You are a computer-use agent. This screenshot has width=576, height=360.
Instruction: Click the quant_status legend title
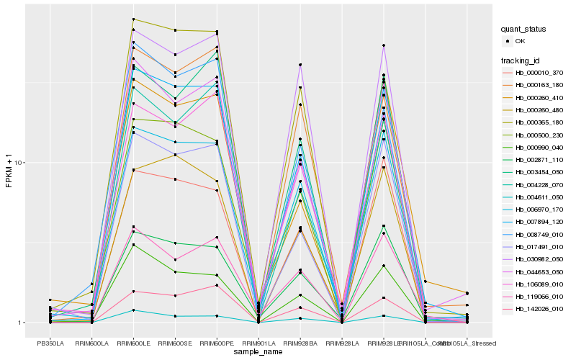523,30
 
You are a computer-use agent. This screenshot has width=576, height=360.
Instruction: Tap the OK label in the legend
520,41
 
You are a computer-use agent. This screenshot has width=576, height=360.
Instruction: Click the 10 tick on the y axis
20,163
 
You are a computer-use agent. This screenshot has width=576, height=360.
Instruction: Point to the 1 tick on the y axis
22,323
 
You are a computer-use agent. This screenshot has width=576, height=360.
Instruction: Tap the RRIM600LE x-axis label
134,343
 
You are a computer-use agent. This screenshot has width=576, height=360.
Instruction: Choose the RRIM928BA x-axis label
300,343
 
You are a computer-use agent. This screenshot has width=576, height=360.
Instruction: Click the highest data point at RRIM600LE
134,19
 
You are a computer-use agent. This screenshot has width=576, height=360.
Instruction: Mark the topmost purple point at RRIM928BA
300,65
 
